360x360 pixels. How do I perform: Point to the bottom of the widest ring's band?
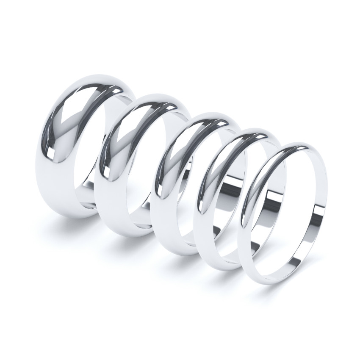point(72,212)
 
